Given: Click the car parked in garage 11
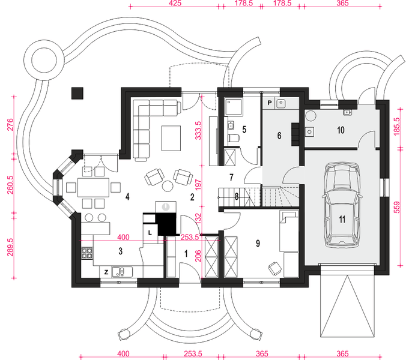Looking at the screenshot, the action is click(342, 205).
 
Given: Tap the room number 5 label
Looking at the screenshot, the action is click(244, 130).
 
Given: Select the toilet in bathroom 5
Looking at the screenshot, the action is click(234, 138).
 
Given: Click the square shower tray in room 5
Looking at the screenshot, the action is click(234, 107).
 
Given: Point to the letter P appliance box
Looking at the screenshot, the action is click(270, 103).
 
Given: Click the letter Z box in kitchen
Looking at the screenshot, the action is click(106, 272).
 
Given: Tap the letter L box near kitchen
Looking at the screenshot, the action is click(150, 233).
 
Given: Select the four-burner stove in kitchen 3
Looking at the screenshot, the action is click(87, 253).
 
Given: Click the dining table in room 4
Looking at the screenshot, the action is click(94, 187).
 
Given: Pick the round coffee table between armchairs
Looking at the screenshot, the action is click(168, 186).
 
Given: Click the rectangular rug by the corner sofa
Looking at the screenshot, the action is click(171, 138).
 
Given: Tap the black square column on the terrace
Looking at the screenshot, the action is click(77, 93).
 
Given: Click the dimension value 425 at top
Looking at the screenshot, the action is click(175, 3).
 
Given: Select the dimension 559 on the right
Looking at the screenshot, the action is click(396, 207).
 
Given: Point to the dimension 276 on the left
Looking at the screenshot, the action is click(10, 125).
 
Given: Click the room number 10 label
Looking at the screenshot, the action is click(341, 130).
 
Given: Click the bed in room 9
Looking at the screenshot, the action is click(289, 230).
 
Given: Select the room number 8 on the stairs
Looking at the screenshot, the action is click(237, 197).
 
